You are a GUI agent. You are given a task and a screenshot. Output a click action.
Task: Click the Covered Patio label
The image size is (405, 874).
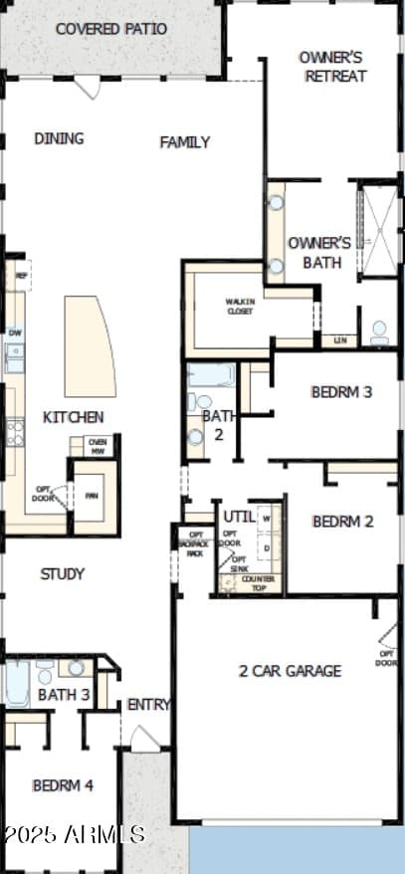[111, 29]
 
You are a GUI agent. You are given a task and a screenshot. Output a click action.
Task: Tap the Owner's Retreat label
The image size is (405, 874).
[332, 66]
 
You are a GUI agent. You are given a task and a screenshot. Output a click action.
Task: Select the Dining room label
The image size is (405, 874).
[59, 138]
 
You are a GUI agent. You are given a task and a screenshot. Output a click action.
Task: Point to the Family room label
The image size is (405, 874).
[185, 142]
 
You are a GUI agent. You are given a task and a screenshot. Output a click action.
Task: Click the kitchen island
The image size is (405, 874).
[89, 346]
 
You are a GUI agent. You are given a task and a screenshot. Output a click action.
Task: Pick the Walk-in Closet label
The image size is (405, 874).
[239, 307]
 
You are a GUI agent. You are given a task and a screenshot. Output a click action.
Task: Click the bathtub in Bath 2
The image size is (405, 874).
[210, 375]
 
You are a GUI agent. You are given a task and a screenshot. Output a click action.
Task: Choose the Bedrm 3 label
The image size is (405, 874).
[341, 391]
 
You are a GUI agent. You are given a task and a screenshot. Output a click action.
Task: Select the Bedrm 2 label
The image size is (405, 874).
[342, 522]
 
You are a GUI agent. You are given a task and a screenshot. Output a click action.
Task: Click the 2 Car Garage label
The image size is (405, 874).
[290, 670]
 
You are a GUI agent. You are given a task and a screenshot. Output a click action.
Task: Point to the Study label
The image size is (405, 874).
[63, 573]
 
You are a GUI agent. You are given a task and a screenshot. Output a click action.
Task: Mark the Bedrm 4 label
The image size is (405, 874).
[63, 785]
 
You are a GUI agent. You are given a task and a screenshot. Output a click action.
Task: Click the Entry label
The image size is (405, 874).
[148, 705]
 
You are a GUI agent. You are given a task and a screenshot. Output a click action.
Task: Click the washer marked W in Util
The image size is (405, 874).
[267, 519]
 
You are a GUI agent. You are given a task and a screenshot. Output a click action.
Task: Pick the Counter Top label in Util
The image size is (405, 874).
[259, 583]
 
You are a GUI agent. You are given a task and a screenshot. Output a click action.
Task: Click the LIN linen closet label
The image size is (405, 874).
[340, 340]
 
